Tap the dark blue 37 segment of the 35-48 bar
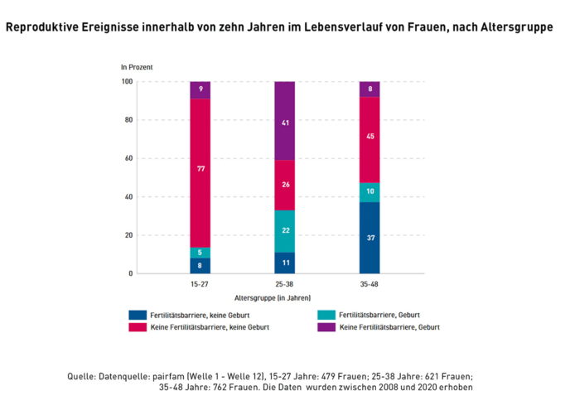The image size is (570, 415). [x=370, y=238]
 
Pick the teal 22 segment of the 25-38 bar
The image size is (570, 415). [x=285, y=231]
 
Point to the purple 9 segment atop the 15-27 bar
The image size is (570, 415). [x=200, y=89]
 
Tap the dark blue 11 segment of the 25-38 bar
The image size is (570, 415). [x=285, y=263]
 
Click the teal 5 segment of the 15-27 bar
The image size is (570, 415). [x=200, y=253]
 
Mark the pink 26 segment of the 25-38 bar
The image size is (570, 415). [x=285, y=185]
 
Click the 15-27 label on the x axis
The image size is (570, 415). [x=200, y=283]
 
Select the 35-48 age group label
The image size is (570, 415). [x=370, y=283]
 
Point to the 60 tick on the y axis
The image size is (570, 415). [x=128, y=158]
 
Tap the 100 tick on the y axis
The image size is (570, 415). [x=126, y=81]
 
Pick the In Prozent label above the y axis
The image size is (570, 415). [x=137, y=65]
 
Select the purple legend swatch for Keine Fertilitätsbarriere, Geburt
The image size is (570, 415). [x=326, y=327]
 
